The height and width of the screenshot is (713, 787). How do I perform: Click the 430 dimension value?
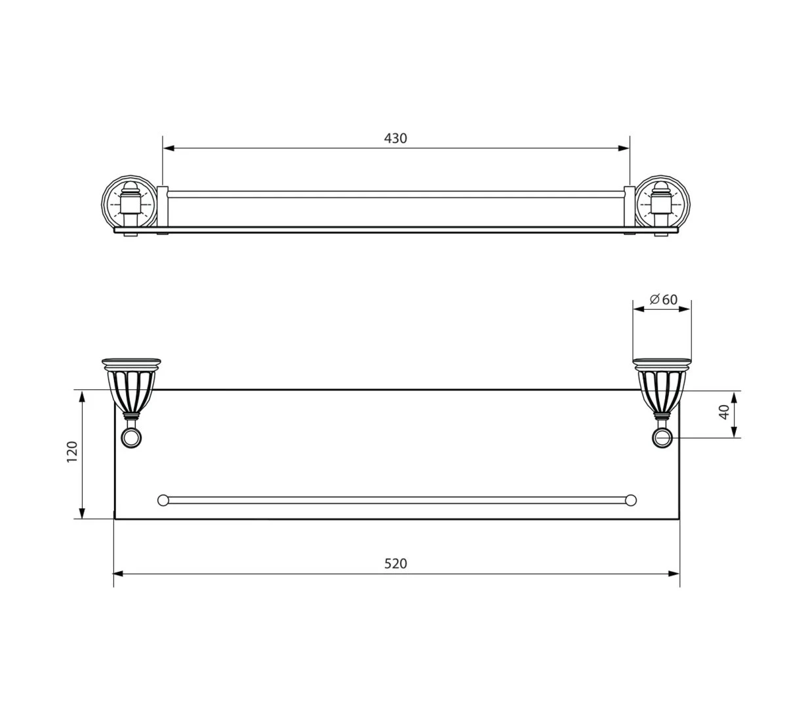395,139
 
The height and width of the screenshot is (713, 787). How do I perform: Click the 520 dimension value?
395,564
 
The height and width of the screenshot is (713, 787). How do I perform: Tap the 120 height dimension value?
72,452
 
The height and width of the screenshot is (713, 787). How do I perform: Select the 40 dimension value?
724,412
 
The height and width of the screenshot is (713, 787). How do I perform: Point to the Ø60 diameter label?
664,300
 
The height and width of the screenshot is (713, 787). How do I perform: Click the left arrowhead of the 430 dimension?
169,148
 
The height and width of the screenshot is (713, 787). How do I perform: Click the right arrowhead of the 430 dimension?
624,148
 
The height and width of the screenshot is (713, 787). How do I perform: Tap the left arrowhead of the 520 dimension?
119,574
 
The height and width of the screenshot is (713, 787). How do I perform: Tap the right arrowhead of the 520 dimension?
674,574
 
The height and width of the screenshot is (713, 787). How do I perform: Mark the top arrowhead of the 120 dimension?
82,397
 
